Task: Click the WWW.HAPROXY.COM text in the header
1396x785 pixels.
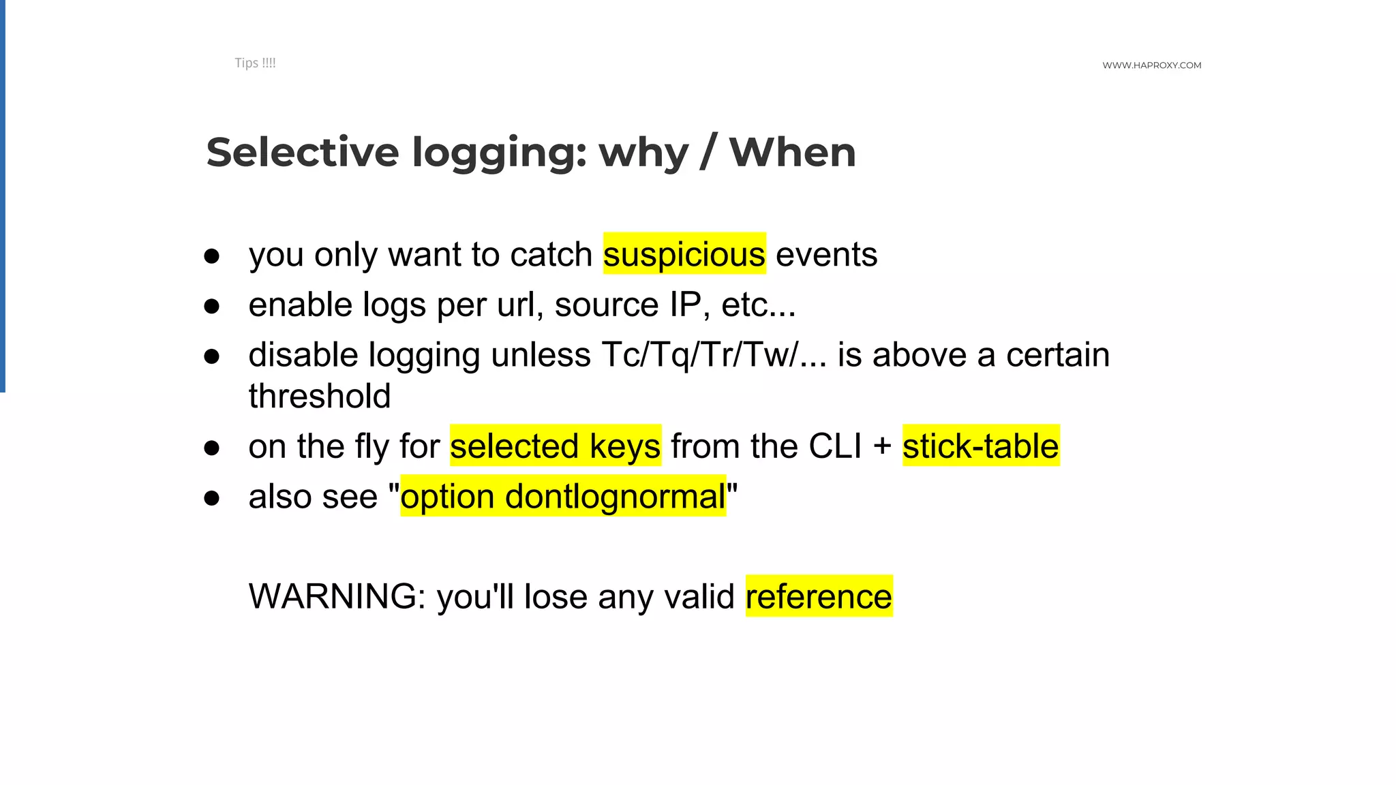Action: pyautogui.click(x=1151, y=65)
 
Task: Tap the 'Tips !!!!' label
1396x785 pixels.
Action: pyautogui.click(x=255, y=63)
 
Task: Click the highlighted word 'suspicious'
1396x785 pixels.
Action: pyautogui.click(x=684, y=254)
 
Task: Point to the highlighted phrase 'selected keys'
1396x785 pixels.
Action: pyautogui.click(x=555, y=446)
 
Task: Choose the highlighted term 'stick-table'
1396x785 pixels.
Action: pyautogui.click(x=980, y=446)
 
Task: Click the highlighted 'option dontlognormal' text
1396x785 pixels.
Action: pyautogui.click(x=563, y=496)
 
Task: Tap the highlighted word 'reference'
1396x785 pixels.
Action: pyautogui.click(x=819, y=596)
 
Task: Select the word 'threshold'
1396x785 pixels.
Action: pyautogui.click(x=320, y=396)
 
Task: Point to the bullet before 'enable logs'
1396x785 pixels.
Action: pyautogui.click(x=212, y=306)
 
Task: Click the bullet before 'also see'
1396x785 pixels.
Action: pyautogui.click(x=212, y=498)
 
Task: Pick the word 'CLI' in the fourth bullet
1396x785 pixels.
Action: pyautogui.click(x=835, y=446)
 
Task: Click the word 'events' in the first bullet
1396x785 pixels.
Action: pyautogui.click(x=826, y=254)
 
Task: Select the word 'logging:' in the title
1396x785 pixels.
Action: pyautogui.click(x=500, y=153)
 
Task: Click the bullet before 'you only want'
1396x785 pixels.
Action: pyautogui.click(x=212, y=256)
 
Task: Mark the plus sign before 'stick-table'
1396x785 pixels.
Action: pyautogui.click(x=882, y=447)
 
